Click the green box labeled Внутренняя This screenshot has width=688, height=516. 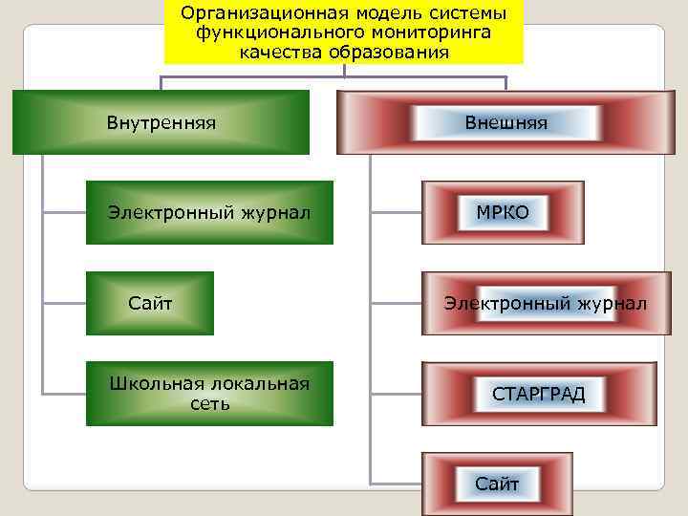pyautogui.click(x=161, y=122)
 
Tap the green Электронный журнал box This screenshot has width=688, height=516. pyautogui.click(x=209, y=212)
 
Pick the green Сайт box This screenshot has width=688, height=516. pyautogui.click(x=150, y=304)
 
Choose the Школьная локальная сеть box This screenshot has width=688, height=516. pyautogui.click(x=209, y=394)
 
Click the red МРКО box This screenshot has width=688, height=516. pyautogui.click(x=503, y=212)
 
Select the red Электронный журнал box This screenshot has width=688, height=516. pyautogui.click(x=540, y=304)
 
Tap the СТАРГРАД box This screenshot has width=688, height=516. pyautogui.click(x=539, y=394)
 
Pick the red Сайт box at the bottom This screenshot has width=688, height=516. pyautogui.click(x=497, y=484)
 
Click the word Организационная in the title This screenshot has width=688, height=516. pyautogui.click(x=247, y=14)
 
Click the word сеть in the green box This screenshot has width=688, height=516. pyautogui.click(x=209, y=404)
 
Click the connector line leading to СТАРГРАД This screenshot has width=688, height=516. pyautogui.click(x=396, y=393)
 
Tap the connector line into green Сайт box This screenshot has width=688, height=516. pyautogui.click(x=64, y=303)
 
